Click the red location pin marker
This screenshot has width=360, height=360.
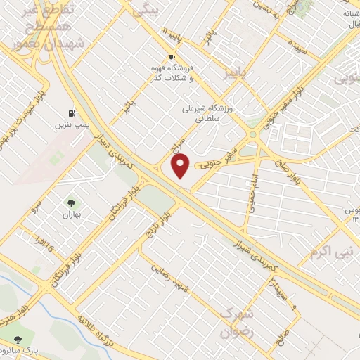[181, 166]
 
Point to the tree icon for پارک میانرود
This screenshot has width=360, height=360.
[17, 340]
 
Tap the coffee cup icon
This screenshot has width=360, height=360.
[171, 57]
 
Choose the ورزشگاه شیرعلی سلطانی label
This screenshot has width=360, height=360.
[202, 115]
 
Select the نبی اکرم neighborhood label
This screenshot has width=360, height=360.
[334, 251]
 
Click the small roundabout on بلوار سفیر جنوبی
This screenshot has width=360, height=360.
[252, 135]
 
